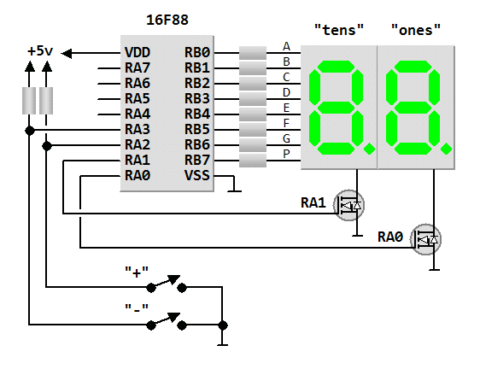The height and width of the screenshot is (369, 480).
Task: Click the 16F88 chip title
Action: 167,20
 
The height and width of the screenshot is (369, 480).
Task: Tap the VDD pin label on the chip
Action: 138,53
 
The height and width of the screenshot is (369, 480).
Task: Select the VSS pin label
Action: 197,175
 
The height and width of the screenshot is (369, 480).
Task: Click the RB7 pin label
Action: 197,160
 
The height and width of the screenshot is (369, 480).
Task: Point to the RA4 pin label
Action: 138,114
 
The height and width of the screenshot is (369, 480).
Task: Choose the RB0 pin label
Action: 197,53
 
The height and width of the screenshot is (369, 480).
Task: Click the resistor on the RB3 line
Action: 253,99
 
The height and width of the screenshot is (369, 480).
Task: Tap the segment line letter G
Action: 286,138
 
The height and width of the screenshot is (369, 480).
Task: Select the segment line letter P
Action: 286,154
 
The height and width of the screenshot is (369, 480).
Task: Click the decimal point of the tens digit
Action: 370,149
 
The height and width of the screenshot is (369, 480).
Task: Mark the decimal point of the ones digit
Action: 447,149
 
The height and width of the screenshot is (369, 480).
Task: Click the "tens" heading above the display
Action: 339,30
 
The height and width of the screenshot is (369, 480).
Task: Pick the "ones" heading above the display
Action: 416,30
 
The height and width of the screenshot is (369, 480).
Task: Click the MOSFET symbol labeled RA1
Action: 348,206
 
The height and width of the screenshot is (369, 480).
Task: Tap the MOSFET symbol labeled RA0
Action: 425,239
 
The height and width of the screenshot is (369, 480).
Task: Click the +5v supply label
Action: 40,51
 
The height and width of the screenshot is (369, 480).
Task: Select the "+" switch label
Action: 137,272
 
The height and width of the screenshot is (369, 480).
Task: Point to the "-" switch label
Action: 137,308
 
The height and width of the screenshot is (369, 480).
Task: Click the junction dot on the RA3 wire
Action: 30,131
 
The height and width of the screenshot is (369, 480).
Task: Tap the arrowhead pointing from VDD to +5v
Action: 66,53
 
